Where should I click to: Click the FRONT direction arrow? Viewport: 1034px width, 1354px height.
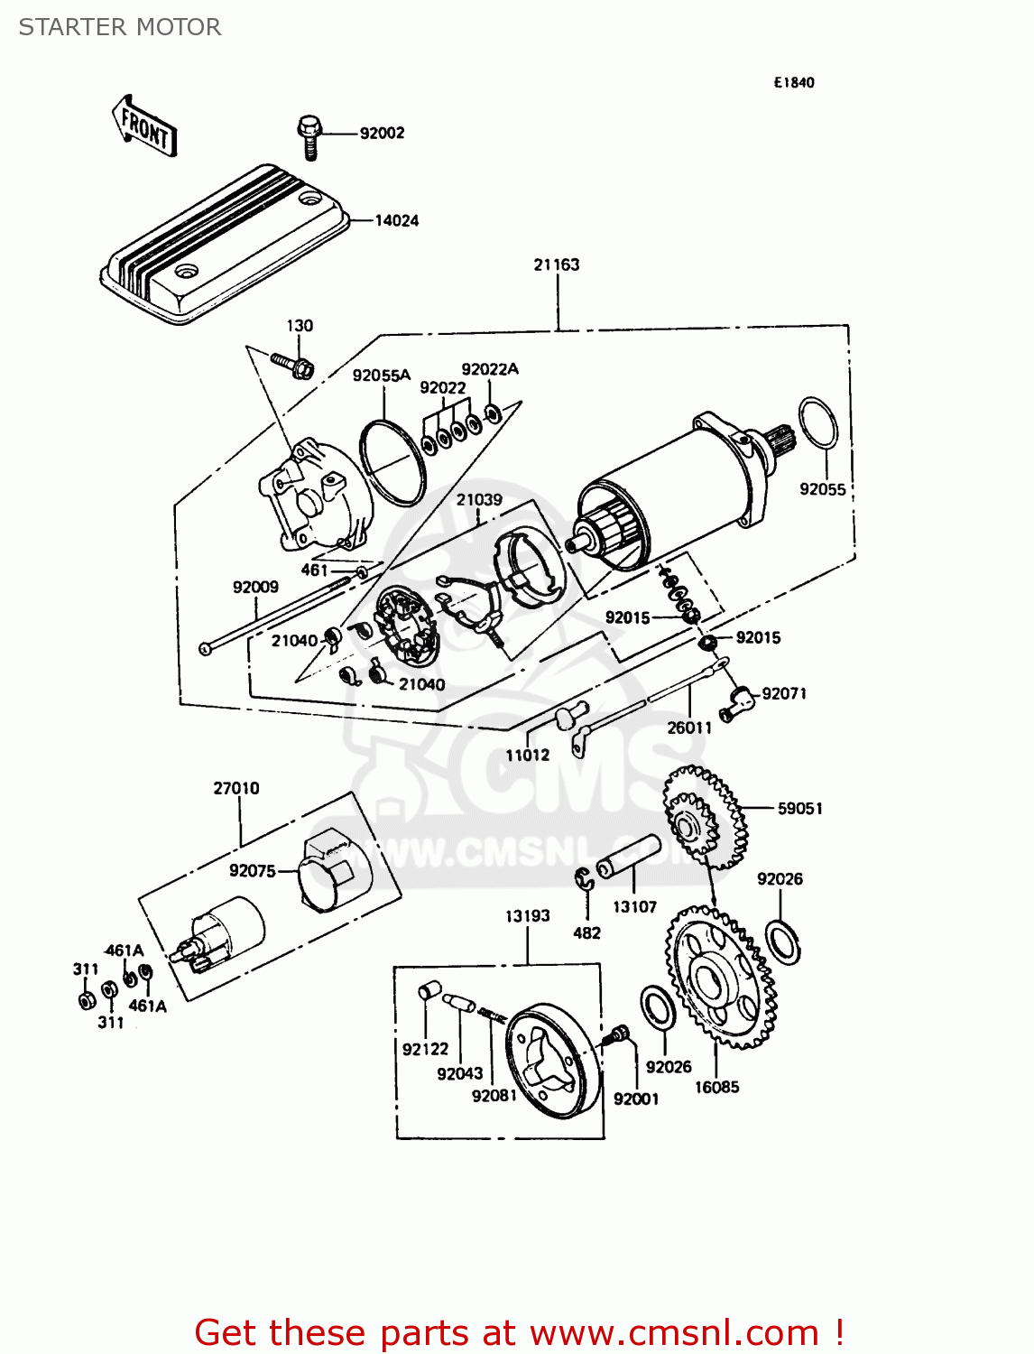pyautogui.click(x=144, y=127)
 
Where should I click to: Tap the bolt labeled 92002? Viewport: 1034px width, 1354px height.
pyautogui.click(x=309, y=135)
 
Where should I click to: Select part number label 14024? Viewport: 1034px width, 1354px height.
pyautogui.click(x=396, y=220)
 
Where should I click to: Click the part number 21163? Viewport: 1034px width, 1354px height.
pyautogui.click(x=556, y=264)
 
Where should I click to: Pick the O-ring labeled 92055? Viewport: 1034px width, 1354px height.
pyautogui.click(x=818, y=422)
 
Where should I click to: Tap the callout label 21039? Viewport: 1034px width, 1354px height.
pyautogui.click(x=478, y=500)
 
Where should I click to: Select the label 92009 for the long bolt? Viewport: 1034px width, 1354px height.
pyautogui.click(x=255, y=587)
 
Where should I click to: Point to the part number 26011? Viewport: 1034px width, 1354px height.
pyautogui.click(x=689, y=728)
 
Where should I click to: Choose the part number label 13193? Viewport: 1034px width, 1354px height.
pyautogui.click(x=527, y=915)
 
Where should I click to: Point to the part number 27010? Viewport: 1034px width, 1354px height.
pyautogui.click(x=235, y=788)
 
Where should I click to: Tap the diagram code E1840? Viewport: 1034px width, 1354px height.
pyautogui.click(x=793, y=82)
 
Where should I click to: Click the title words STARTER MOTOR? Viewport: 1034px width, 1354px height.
pyautogui.click(x=120, y=27)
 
